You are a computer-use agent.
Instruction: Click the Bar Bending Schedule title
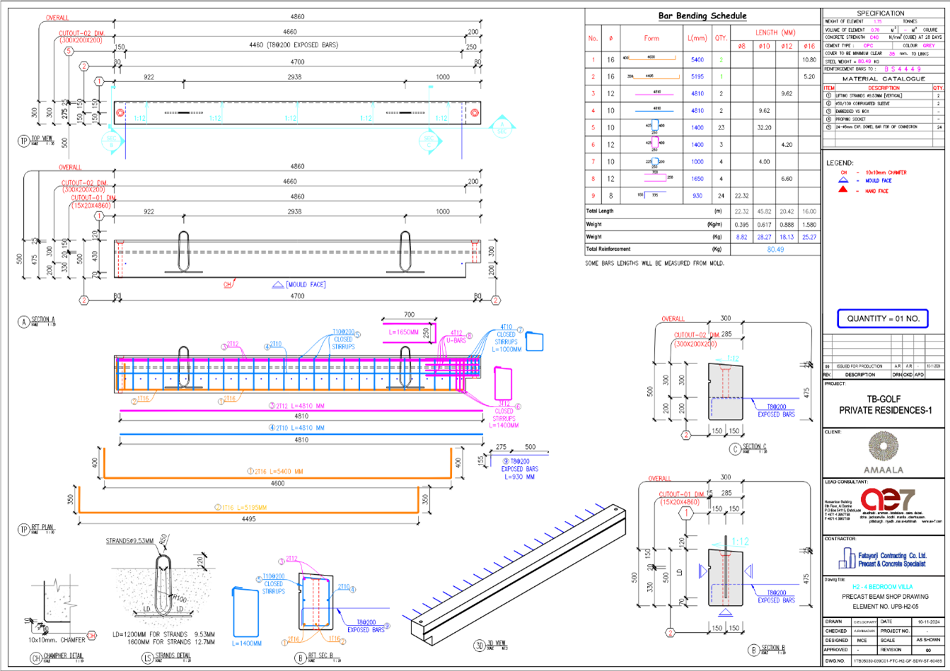click(702, 16)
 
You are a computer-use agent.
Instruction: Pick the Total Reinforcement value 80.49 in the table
click(774, 249)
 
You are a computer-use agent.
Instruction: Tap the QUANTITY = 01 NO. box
click(882, 319)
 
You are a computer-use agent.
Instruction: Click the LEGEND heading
click(840, 163)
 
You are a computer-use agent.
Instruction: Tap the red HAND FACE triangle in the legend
click(843, 191)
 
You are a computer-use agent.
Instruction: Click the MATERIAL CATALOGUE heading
click(880, 79)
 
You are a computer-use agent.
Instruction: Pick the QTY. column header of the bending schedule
click(720, 38)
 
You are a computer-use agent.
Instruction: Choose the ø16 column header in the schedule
click(809, 46)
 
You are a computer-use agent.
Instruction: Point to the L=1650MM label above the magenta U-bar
click(404, 331)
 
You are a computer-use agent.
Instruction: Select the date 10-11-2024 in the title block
click(925, 622)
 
